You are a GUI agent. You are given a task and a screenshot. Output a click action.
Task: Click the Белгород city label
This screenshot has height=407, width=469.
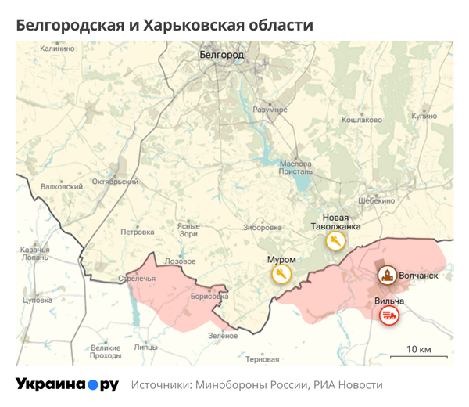coord(222,56)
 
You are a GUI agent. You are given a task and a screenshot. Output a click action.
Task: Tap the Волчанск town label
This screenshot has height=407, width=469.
coord(423,276)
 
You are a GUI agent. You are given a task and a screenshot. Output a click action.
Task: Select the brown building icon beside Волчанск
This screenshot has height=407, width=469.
coord(385,276)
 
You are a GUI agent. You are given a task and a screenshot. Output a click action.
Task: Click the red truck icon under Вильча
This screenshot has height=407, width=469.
coord(388,315)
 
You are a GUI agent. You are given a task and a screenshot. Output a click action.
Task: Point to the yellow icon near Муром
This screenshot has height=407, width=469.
coord(281,274)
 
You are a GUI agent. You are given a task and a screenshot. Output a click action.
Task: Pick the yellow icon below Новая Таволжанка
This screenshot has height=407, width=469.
coord(336,241)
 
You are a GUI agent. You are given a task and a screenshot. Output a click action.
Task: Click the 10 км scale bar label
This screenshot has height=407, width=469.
coord(418,348)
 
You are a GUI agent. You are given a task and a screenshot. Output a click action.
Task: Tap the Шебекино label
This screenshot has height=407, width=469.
coord(377,200)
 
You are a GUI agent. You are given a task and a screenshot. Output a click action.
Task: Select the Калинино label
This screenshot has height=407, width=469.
coord(57,49)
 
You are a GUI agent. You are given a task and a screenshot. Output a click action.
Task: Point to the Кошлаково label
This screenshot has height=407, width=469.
coord(362,120)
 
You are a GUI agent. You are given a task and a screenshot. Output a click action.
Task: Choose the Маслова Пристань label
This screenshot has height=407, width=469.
coord(295,167)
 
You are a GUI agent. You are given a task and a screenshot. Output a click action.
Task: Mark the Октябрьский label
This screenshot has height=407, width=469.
coord(115,181)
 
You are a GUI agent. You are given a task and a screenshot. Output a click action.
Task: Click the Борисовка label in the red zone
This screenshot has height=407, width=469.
coord(209,297)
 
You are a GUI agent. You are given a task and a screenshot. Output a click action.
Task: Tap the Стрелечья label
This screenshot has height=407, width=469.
coord(138,278)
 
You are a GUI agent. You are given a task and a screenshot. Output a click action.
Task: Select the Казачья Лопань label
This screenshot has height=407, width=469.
coord(34,253)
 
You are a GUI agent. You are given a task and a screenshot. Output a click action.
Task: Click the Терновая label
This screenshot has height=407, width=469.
coord(262,360)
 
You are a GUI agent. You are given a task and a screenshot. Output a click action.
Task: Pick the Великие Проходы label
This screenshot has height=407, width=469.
coord(106,351)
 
